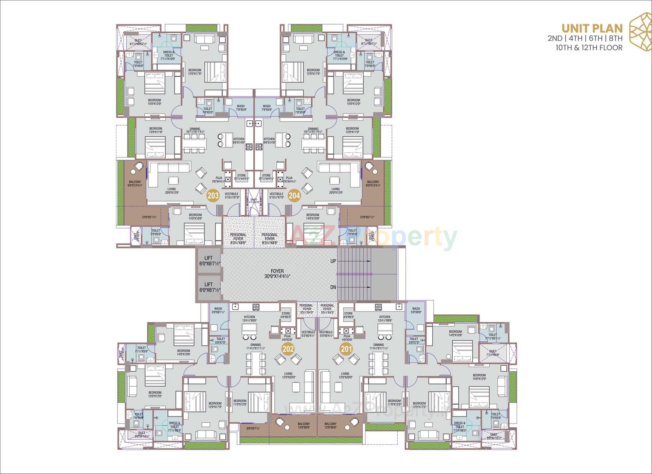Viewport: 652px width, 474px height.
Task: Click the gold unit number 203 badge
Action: (213, 196)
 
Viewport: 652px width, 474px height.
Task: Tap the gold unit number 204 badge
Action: (294, 196)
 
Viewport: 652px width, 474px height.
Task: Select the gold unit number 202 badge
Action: (288, 349)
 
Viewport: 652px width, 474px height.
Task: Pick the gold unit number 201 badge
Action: (346, 349)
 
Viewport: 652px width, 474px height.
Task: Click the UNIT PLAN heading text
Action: (592, 28)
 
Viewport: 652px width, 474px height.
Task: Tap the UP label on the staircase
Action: (333, 261)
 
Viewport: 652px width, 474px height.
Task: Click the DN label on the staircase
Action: (333, 287)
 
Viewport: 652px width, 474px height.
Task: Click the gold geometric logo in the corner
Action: (640, 32)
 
